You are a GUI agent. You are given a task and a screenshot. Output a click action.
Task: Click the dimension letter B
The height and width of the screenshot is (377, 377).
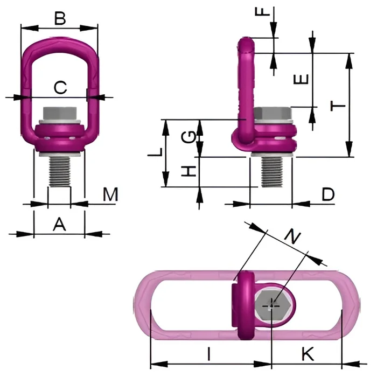60,18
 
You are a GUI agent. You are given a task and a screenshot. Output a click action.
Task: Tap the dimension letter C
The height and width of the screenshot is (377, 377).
60,87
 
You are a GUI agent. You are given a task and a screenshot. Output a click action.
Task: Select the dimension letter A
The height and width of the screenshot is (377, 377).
59,224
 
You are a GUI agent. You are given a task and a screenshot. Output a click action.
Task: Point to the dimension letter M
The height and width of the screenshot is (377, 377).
110,194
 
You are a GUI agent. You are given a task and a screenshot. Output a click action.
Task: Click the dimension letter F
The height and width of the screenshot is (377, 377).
263,11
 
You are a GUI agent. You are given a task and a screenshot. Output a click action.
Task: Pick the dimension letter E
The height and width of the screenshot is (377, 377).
301,79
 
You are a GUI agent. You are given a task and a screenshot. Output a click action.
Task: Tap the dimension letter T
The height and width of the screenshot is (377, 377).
338,106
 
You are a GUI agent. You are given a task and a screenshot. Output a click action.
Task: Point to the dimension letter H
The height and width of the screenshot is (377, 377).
188,171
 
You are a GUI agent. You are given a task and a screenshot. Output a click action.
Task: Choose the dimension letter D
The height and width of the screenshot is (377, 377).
328,194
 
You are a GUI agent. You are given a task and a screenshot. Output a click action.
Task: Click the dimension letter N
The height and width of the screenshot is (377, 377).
292,236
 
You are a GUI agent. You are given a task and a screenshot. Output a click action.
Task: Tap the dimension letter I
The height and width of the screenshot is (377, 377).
209,354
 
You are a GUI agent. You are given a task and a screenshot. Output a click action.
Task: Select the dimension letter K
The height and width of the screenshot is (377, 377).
308,354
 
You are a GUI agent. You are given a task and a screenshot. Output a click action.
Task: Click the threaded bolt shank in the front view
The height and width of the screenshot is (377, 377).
60,172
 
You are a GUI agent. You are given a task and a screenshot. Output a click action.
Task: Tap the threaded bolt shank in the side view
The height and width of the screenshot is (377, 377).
272,172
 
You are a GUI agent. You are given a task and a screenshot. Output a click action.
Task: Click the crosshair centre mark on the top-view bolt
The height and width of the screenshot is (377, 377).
271,306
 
